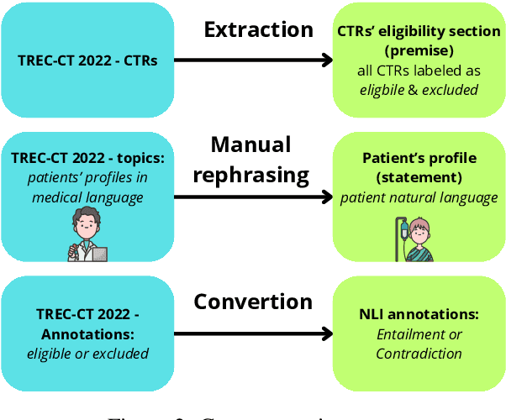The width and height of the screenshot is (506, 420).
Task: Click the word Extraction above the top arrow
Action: (259, 29)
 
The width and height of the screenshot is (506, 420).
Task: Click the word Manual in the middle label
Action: (250, 144)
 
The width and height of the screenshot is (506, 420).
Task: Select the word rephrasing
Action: (250, 176)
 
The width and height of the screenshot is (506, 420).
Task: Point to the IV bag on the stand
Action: (403, 228)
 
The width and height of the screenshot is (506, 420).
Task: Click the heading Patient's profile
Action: (419, 157)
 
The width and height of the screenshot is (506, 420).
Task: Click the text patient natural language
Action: (419, 197)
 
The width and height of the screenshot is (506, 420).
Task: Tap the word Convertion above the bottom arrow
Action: (253, 302)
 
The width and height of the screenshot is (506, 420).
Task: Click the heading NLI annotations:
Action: (419, 314)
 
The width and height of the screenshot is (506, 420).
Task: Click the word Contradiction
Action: (419, 354)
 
